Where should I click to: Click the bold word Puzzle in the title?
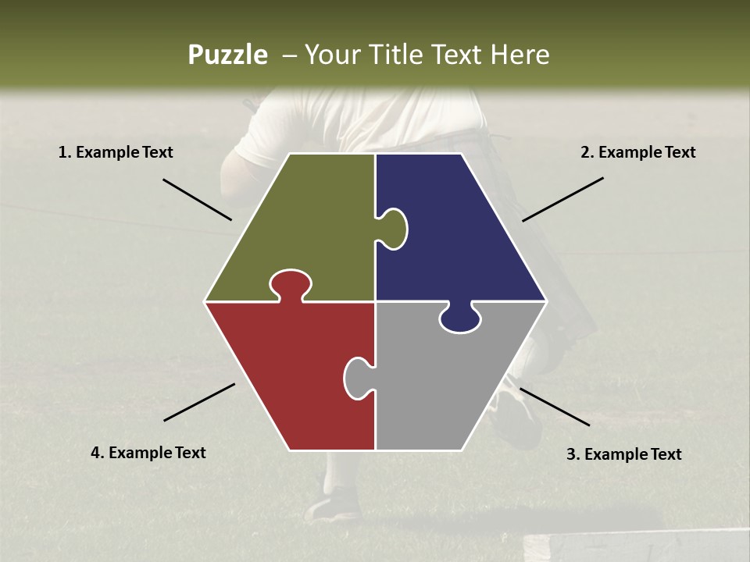[x=227, y=55]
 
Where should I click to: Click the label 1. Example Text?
[x=116, y=153]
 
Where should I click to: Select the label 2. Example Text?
[x=637, y=153]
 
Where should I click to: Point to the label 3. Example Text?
[x=623, y=454]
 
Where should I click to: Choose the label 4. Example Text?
[x=148, y=453]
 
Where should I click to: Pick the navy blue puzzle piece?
[x=461, y=234]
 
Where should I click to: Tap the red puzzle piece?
[x=289, y=375]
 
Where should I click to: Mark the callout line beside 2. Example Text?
[x=562, y=199]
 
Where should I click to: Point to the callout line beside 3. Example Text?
[x=554, y=407]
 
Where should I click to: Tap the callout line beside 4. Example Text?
[x=199, y=402]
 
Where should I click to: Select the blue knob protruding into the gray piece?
[x=460, y=318]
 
